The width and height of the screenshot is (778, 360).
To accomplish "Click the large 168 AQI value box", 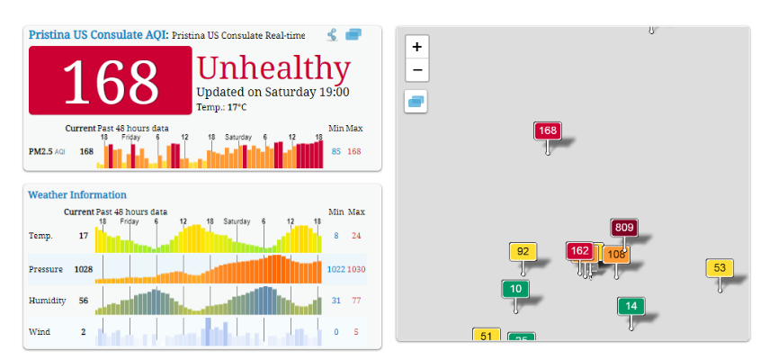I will [x=110, y=81].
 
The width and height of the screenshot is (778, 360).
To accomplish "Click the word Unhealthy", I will [x=273, y=68].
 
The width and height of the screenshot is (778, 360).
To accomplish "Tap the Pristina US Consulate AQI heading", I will [x=97, y=35].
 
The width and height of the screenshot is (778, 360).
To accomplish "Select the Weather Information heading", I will [x=77, y=194].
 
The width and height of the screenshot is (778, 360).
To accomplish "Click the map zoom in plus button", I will [x=416, y=47].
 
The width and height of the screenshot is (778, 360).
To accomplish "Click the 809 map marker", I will [x=623, y=228].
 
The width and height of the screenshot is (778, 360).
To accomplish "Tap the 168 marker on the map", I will [x=547, y=130].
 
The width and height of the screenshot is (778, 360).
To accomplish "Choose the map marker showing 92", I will [x=523, y=252].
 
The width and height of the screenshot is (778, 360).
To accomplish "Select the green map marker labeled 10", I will [x=515, y=289].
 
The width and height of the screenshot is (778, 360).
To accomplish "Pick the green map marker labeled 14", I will [x=630, y=306].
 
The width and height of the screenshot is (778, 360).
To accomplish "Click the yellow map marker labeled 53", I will [x=720, y=267].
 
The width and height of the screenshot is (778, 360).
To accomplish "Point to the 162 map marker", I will [x=580, y=250].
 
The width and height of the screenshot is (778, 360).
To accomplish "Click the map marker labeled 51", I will [x=487, y=336].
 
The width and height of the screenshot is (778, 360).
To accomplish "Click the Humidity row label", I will [x=44, y=301].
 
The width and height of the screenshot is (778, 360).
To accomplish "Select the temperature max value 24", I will [x=356, y=236].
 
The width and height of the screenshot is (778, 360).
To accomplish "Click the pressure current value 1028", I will [x=83, y=268].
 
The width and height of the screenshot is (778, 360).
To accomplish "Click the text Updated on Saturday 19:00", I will [x=273, y=92].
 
